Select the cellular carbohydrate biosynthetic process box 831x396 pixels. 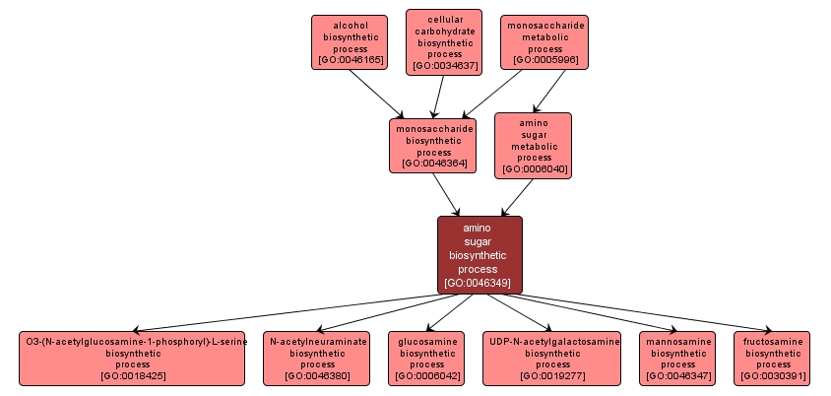point(443,42)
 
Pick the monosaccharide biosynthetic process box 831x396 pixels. point(433,145)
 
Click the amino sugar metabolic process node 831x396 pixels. point(534,145)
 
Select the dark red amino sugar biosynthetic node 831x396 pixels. point(479,254)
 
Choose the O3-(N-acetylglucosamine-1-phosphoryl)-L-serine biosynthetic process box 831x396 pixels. point(134,358)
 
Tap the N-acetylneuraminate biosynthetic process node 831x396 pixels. point(318,358)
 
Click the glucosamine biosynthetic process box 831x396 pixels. point(428,358)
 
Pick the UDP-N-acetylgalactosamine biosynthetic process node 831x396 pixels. point(552,358)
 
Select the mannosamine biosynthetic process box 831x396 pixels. point(677,358)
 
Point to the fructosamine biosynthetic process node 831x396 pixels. point(772,358)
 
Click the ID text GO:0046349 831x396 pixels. point(479,283)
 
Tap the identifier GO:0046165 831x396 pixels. point(349,61)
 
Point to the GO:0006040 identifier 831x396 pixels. point(534,169)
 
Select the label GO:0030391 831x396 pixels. point(772,376)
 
